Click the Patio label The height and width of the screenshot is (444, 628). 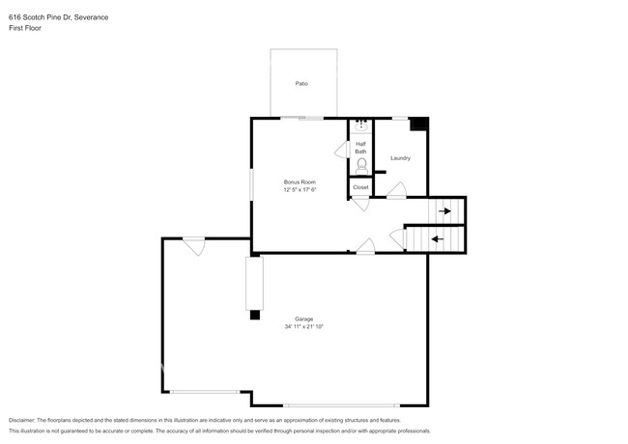[301, 84]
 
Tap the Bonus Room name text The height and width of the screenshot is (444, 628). [300, 182]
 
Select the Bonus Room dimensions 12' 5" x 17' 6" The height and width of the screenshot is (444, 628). [300, 190]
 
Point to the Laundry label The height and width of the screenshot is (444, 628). [400, 158]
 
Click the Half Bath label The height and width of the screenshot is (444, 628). [360, 148]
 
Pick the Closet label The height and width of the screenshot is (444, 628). [360, 187]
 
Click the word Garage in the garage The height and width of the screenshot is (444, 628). [303, 319]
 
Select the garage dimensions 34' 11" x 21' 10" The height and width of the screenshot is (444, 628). [303, 327]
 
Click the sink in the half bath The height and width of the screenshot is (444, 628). [361, 125]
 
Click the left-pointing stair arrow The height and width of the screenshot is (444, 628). [437, 238]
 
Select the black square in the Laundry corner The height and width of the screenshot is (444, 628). [419, 124]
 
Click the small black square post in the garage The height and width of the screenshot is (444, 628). [255, 314]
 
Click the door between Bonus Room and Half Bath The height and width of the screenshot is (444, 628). [341, 152]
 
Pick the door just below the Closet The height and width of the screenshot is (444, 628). [359, 203]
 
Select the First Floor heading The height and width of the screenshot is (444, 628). [25, 28]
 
